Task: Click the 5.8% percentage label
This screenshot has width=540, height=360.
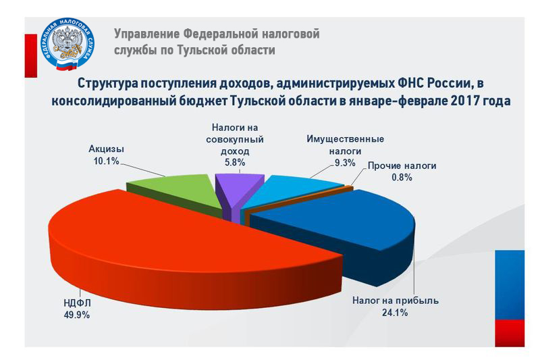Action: tap(235, 162)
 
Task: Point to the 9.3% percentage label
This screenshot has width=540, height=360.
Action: tap(346, 163)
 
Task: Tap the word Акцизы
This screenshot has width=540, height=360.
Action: tap(107, 149)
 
